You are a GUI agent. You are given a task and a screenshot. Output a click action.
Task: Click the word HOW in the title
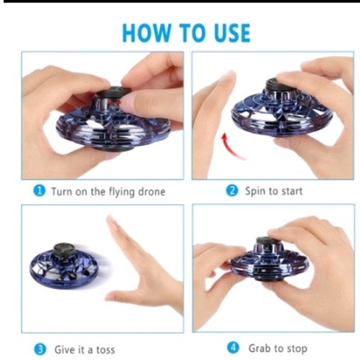tap(147, 33)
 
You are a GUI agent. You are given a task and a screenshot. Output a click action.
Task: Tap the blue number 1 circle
tap(40, 191)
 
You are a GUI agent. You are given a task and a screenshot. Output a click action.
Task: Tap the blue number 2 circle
tap(232, 191)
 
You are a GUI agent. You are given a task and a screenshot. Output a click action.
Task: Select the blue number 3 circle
tap(40, 349)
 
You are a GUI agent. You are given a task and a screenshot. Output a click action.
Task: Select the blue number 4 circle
tap(233, 348)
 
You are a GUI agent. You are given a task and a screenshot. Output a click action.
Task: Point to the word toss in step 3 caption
tap(106, 350)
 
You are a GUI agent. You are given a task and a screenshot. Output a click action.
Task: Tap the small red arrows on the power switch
tap(114, 103)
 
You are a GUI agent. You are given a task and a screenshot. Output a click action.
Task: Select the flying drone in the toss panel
tap(64, 265)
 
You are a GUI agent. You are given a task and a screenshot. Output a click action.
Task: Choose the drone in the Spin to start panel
tap(282, 108)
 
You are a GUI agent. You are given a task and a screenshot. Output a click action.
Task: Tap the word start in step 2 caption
tap(292, 191)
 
